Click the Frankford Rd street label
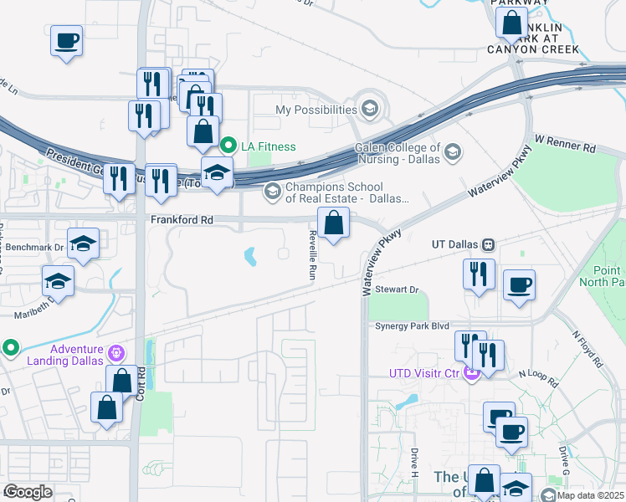coord(182,220)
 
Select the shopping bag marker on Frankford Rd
coord(333,224)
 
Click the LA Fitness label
coord(269,146)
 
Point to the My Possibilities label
coord(316,110)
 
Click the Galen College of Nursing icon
coord(453,151)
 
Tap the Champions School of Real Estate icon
coord(271,192)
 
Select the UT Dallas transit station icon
coord(487,245)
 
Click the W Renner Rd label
coord(565,145)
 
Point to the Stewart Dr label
coord(397,289)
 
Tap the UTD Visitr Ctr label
coord(424,372)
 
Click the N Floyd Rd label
coord(588,348)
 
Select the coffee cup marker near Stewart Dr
coord(519,284)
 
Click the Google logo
coord(28,492)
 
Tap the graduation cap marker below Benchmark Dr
coord(58,280)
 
